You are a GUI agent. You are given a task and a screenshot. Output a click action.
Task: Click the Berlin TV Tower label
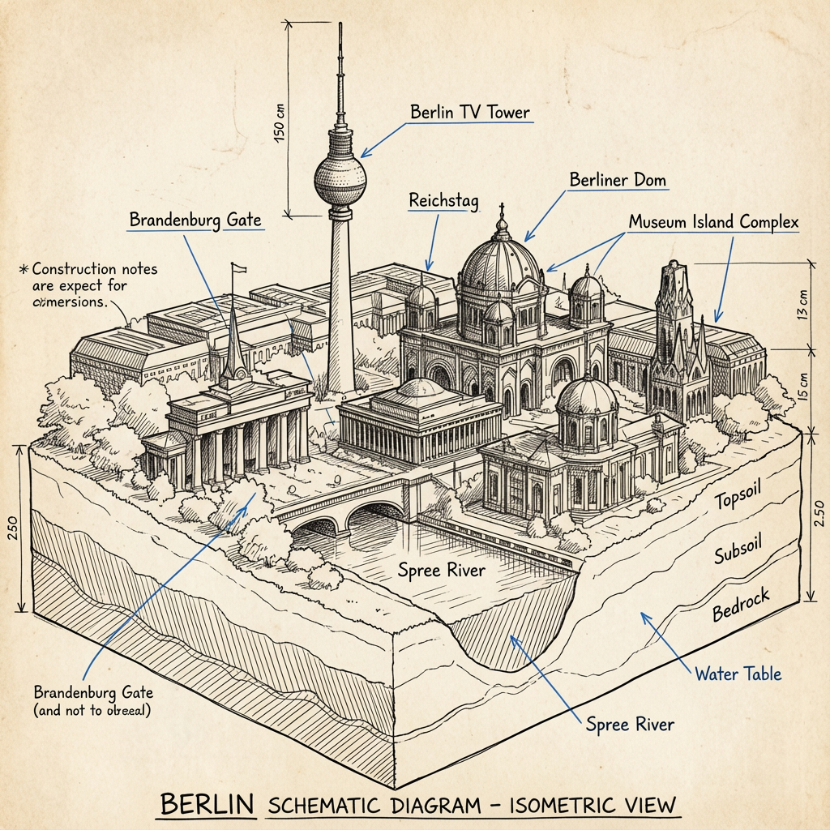[471, 113]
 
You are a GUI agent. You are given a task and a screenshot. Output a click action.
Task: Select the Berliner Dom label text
[618, 179]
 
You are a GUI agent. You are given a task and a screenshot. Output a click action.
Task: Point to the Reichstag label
[443, 200]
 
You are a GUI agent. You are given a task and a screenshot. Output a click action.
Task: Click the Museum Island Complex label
[713, 222]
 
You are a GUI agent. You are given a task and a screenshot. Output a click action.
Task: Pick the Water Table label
[738, 673]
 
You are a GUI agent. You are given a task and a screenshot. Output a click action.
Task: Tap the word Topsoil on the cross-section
[739, 498]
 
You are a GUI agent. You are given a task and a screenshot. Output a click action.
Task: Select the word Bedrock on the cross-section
[741, 604]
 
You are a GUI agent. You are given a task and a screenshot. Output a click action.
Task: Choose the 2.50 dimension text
[818, 516]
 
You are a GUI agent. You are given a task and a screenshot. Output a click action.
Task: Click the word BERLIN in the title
[207, 805]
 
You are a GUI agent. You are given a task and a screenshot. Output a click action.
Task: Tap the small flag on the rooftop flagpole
[238, 268]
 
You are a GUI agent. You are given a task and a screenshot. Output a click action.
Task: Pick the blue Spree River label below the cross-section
[629, 724]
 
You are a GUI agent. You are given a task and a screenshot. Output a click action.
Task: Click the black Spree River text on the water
[442, 570]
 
